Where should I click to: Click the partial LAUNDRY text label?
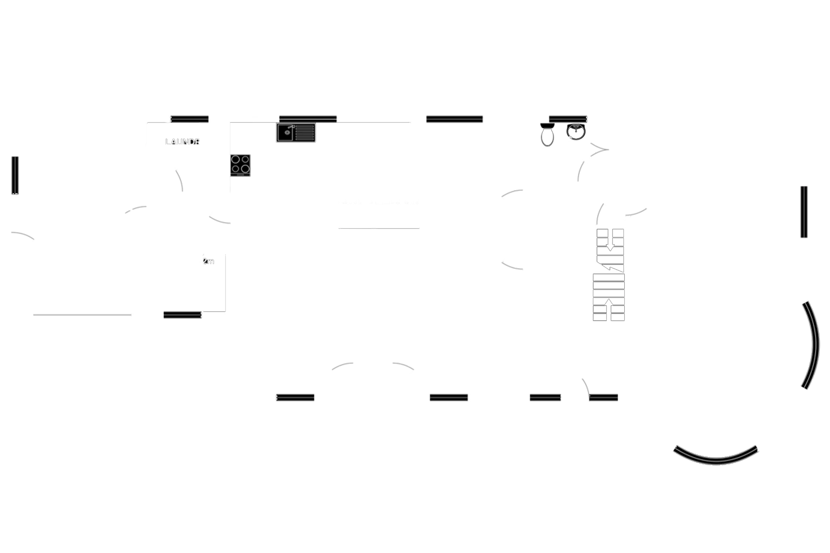pyautogui.click(x=182, y=142)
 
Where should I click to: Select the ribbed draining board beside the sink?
pyautogui.click(x=305, y=133)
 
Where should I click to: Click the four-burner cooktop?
pyautogui.click(x=240, y=165)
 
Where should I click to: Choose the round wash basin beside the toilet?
pyautogui.click(x=576, y=132)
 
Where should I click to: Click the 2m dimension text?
pyautogui.click(x=209, y=261)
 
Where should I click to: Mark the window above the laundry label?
pyautogui.click(x=190, y=118)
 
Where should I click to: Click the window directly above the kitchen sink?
pyautogui.click(x=307, y=118)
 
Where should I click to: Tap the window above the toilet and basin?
pyautogui.click(x=568, y=118)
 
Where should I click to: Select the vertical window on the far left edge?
pyautogui.click(x=15, y=175)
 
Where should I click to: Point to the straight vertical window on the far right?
pyautogui.click(x=804, y=212)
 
